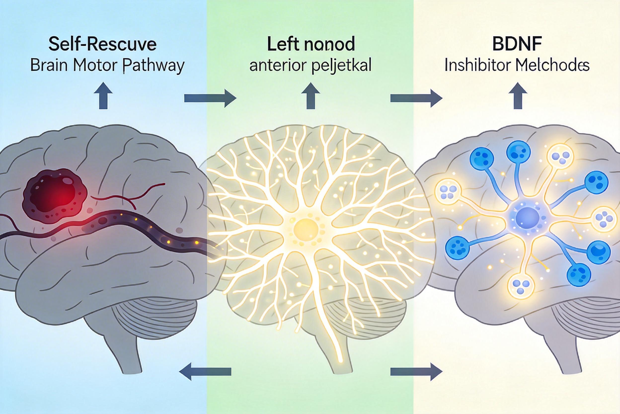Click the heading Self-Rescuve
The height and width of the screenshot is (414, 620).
[103, 44]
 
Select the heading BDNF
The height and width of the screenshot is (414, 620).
[517, 44]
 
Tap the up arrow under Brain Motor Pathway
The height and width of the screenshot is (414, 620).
[103, 96]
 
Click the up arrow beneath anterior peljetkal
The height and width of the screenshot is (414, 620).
[311, 96]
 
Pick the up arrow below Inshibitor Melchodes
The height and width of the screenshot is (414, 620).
[518, 96]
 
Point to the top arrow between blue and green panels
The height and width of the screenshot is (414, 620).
[210, 99]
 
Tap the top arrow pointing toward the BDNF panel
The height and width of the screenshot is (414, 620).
[416, 99]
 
